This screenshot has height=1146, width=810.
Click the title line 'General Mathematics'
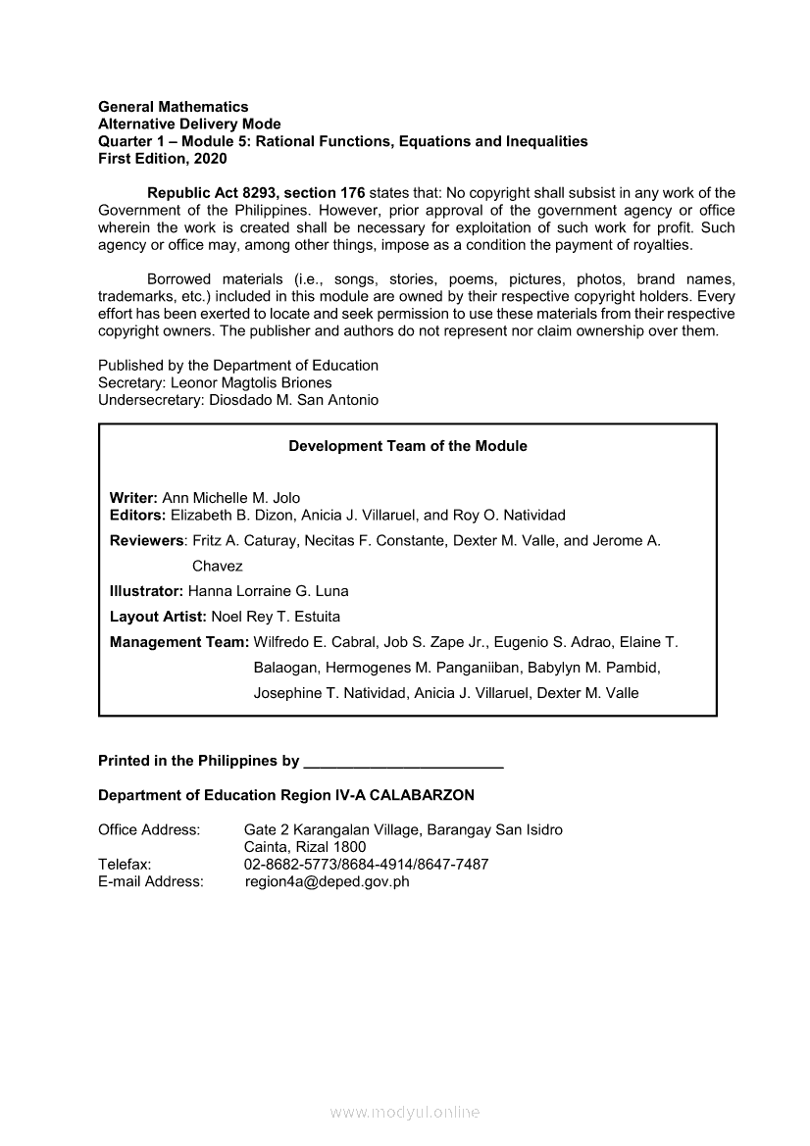point(174,107)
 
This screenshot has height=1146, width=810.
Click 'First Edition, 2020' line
point(163,159)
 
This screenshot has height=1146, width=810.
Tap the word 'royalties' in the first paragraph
point(660,245)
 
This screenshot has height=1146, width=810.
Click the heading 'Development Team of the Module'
point(407,446)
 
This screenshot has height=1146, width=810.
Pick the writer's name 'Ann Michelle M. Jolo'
point(231,498)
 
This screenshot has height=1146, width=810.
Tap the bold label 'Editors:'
point(137,515)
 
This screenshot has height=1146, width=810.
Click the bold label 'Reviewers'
point(146,540)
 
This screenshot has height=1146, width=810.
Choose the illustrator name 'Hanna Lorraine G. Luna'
point(268,591)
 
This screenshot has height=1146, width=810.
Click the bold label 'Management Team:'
point(179,642)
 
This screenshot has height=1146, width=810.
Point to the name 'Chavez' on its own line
point(217,566)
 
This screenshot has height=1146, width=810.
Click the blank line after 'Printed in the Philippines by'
point(404,762)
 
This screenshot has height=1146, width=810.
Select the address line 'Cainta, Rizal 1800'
point(305,847)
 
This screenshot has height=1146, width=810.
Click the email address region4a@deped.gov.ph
point(327,881)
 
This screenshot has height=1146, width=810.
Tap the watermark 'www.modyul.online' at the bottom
point(405,1113)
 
